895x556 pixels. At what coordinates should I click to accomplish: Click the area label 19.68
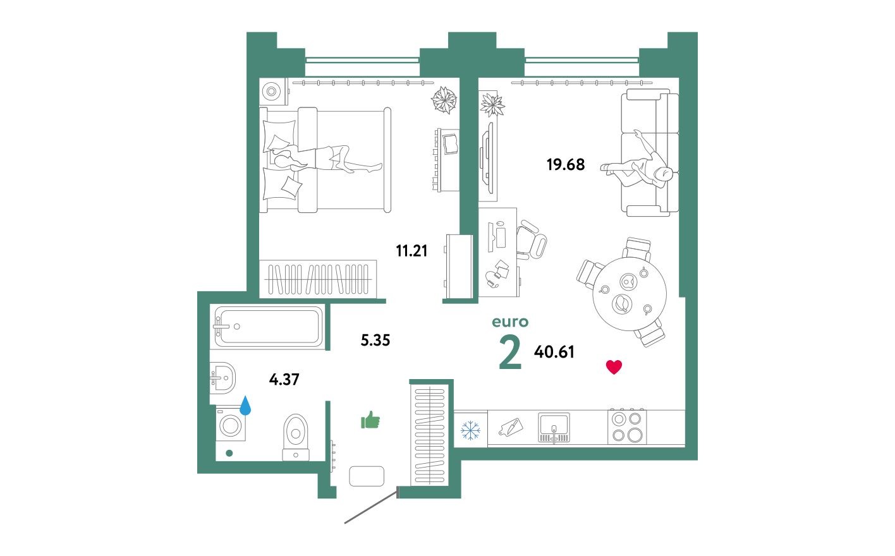pos(565,165)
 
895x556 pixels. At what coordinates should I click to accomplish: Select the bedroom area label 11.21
pos(411,251)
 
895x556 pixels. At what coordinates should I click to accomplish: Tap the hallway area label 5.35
pos(375,341)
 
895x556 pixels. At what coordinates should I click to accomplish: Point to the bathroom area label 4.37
pos(284,380)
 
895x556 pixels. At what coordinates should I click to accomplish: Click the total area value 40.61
pos(554,352)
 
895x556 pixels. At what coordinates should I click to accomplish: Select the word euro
pos(510,322)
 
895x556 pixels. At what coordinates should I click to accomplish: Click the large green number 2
pos(510,353)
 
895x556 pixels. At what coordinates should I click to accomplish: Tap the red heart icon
pos(614,367)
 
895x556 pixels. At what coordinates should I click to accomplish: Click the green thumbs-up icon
pos(370,420)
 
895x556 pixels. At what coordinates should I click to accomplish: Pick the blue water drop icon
pos(245,405)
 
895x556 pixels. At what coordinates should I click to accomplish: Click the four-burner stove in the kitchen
pos(627,427)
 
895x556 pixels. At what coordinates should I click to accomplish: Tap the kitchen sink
pos(554,428)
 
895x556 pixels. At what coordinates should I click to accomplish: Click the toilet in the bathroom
pos(296,435)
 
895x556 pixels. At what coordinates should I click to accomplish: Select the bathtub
pos(269,326)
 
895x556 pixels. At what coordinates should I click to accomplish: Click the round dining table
pos(630,294)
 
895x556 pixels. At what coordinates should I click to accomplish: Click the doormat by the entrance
pos(367,476)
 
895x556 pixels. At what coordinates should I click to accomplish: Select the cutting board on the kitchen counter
pos(511,428)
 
